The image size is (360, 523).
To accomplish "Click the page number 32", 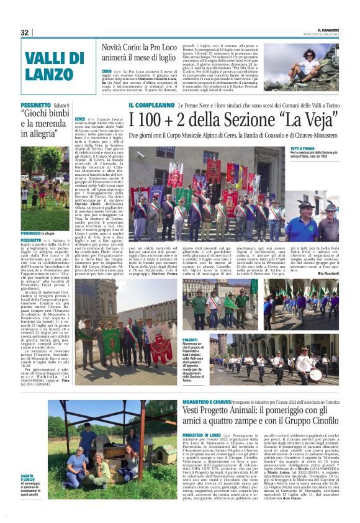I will click(24, 32).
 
